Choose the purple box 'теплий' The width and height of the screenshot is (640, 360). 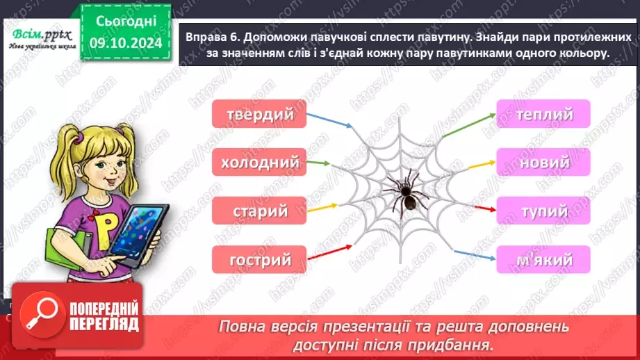pyautogui.click(x=543, y=113)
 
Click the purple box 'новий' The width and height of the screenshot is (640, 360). pyautogui.click(x=543, y=162)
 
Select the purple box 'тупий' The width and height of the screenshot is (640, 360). pyautogui.click(x=543, y=211)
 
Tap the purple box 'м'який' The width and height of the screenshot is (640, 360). pyautogui.click(x=543, y=260)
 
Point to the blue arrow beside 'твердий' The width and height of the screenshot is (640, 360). pyautogui.click(x=329, y=121)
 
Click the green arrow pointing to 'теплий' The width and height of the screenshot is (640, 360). pyautogui.click(x=467, y=125)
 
